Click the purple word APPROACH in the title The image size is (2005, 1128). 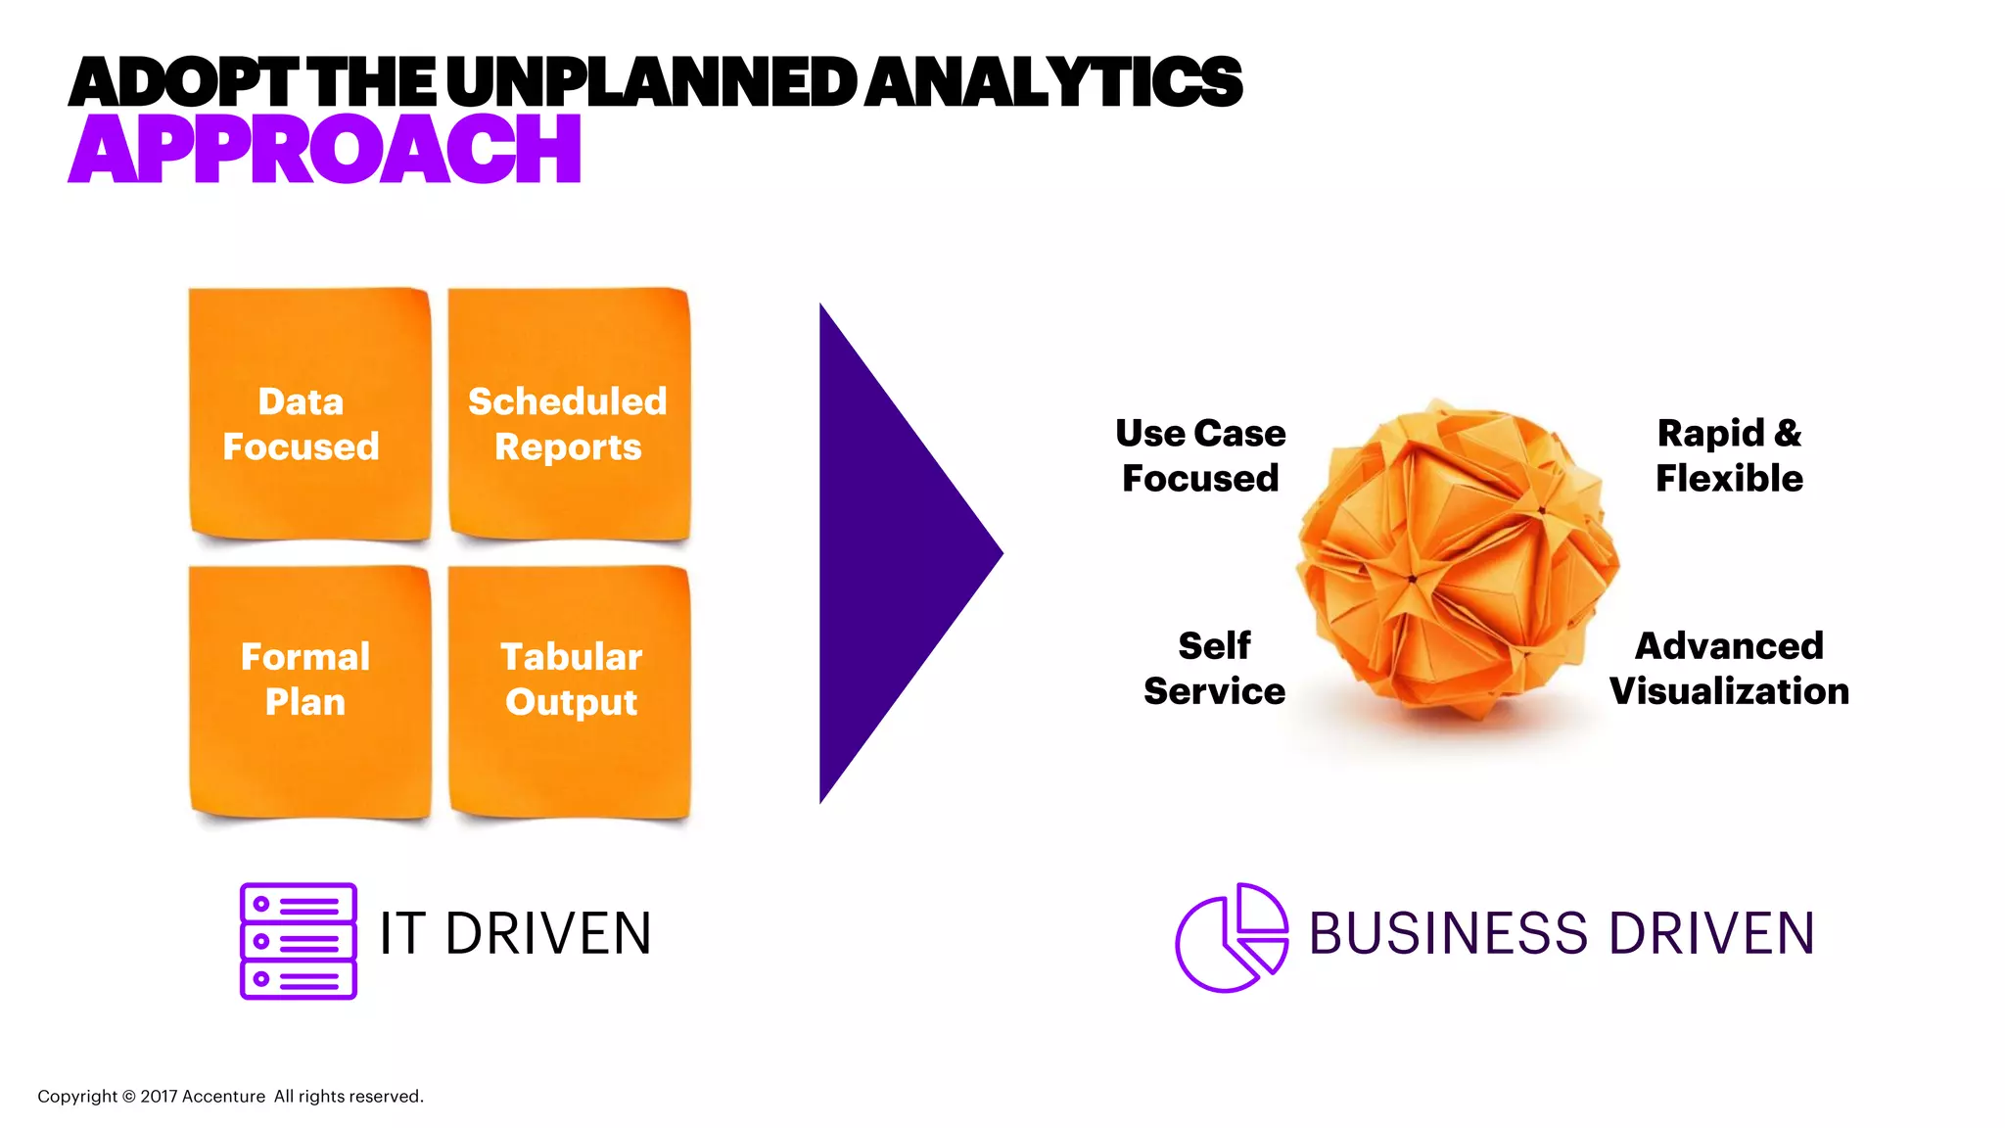click(x=325, y=149)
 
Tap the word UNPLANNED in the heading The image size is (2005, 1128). click(x=651, y=82)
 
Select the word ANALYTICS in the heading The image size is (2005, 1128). click(x=1053, y=82)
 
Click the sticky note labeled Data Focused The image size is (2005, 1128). click(x=309, y=413)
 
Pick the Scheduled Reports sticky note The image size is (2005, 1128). click(x=569, y=413)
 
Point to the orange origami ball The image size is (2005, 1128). click(x=1457, y=558)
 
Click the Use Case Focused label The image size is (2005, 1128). click(x=1200, y=455)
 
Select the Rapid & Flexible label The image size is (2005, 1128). click(x=1729, y=455)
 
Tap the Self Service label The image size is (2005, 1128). click(x=1214, y=668)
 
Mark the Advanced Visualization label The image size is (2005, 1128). click(x=1729, y=668)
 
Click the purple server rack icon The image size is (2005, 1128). click(x=299, y=941)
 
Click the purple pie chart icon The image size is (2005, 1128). click(x=1231, y=938)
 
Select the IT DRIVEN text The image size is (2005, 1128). click(x=515, y=934)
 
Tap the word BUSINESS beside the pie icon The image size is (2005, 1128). click(x=1448, y=934)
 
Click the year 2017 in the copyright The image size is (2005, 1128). click(x=158, y=1097)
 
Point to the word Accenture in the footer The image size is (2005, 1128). click(x=223, y=1097)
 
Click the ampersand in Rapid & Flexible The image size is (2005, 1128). click(x=1788, y=433)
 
